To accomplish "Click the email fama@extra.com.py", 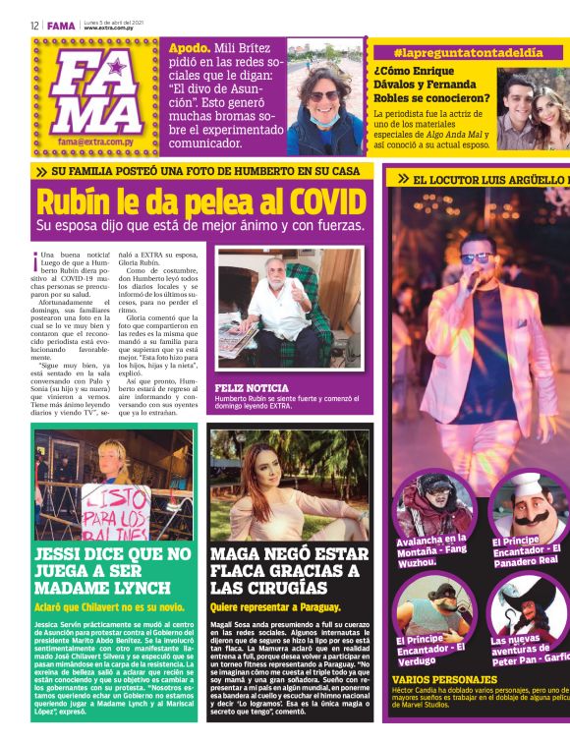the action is [97, 142].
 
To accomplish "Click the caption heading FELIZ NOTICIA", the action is [252, 388].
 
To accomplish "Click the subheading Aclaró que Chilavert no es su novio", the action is [110, 607].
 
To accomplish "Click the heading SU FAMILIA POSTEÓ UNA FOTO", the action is [206, 171].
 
